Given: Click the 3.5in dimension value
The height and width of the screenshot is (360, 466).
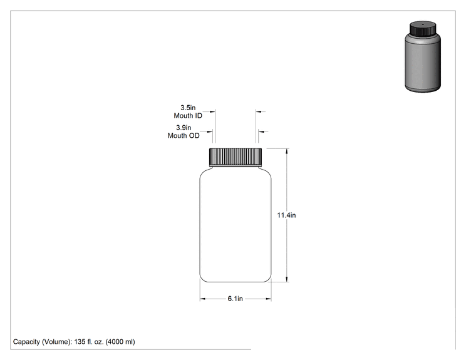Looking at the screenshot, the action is (188, 108).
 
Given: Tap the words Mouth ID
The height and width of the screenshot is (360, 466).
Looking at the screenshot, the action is (188, 116).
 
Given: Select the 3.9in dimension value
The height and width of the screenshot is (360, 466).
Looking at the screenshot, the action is (184, 128).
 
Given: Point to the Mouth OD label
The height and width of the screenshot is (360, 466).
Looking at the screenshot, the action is (184, 135).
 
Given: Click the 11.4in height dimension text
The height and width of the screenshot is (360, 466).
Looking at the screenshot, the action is (286, 215).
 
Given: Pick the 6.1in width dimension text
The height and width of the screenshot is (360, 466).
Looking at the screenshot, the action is (235, 299).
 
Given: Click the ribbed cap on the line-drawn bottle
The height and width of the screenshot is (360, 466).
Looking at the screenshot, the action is (236, 157).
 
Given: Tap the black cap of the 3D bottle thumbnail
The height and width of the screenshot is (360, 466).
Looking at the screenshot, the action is (423, 28).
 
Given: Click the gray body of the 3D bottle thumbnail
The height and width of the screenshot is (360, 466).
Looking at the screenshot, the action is (423, 63).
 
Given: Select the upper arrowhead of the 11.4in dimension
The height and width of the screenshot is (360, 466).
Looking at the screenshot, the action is (286, 151).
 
